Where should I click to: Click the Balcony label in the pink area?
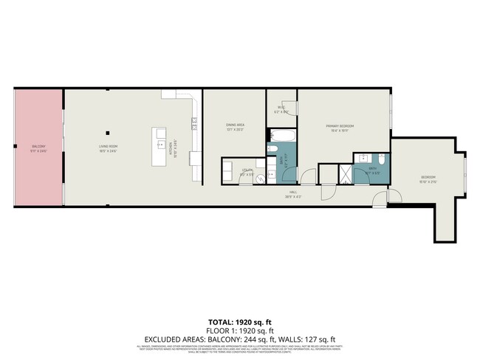point(38,148)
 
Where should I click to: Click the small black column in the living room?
point(108,133)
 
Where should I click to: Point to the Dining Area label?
point(235,127)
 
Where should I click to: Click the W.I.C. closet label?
point(281,108)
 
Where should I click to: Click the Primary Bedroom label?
point(340,127)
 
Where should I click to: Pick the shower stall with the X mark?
point(344,174)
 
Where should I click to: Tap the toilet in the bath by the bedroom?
point(380,160)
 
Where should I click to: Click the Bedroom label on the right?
point(428,177)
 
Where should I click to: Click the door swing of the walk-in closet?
point(289,108)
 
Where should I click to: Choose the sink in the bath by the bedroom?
point(363,159)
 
